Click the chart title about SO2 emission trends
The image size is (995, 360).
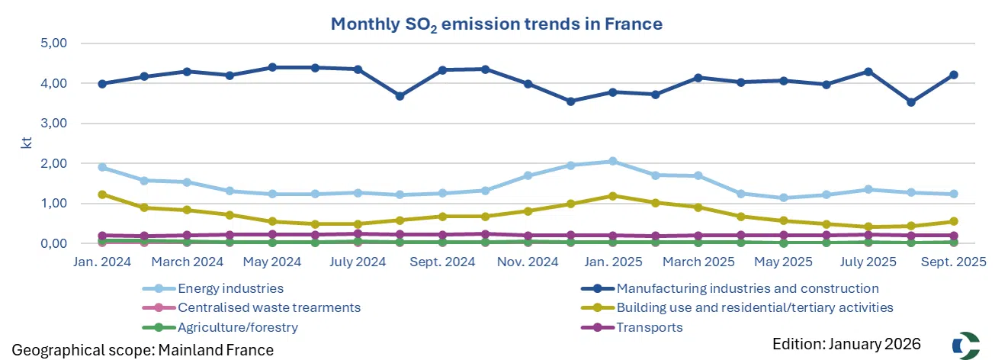click(496, 24)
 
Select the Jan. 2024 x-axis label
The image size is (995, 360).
click(101, 262)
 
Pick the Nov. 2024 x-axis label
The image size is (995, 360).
click(528, 262)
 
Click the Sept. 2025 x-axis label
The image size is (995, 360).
click(952, 262)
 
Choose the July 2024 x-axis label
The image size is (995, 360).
click(357, 262)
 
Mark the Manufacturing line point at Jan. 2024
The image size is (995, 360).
click(101, 84)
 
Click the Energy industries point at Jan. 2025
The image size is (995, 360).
click(612, 162)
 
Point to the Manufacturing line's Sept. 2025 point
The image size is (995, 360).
click(952, 75)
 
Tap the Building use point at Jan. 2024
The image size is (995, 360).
click(101, 194)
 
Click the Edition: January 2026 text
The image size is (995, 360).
click(846, 343)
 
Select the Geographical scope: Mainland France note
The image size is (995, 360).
click(143, 349)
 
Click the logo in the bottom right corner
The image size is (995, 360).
click(965, 344)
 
